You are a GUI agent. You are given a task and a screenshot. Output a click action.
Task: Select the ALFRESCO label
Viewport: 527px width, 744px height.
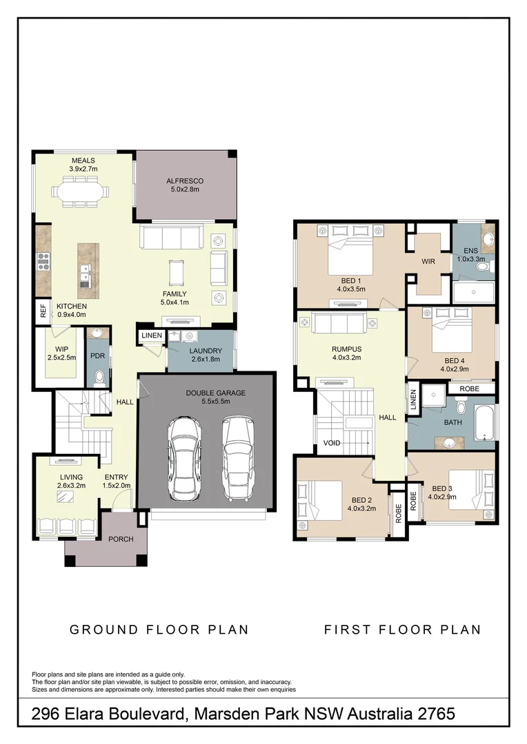[x=185, y=181]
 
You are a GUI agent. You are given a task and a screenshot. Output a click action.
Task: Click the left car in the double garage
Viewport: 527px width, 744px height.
[x=184, y=459]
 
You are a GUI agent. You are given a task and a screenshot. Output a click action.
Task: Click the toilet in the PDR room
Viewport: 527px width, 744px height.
[x=98, y=378]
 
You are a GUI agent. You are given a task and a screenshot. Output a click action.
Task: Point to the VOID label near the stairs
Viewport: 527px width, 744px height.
[x=332, y=443]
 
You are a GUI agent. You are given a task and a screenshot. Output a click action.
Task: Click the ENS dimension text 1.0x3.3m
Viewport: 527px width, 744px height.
[x=471, y=260]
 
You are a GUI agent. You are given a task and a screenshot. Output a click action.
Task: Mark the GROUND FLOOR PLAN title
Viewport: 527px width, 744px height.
[x=159, y=629]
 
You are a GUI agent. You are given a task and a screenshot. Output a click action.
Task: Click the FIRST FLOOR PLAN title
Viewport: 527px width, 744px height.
[x=402, y=629]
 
